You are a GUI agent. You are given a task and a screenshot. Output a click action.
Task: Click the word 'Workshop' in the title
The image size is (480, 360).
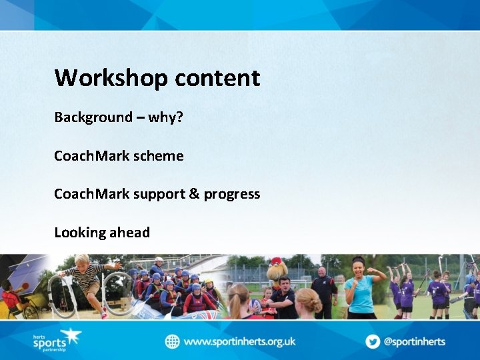point(112,79)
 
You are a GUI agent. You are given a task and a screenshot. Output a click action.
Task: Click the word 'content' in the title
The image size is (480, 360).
point(217,79)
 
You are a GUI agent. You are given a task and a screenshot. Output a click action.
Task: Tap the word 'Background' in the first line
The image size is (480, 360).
point(93,117)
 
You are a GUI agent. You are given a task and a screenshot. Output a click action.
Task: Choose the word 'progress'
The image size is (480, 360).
point(232,195)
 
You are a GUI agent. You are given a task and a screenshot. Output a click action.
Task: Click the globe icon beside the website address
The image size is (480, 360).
point(173,341)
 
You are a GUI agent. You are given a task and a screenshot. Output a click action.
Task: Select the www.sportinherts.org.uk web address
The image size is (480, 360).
point(239,341)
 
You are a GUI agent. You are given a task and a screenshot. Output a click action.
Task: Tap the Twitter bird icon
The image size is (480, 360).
point(373,341)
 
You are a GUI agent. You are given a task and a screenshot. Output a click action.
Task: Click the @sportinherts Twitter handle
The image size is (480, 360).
point(414,341)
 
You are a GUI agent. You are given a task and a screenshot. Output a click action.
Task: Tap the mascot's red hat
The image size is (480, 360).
point(277,261)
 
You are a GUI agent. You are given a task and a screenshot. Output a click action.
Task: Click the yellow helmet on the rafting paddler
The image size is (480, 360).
point(209,282)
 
